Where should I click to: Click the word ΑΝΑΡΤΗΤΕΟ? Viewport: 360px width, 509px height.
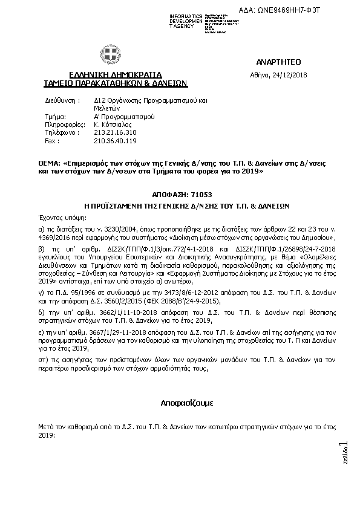pos(278,62)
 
